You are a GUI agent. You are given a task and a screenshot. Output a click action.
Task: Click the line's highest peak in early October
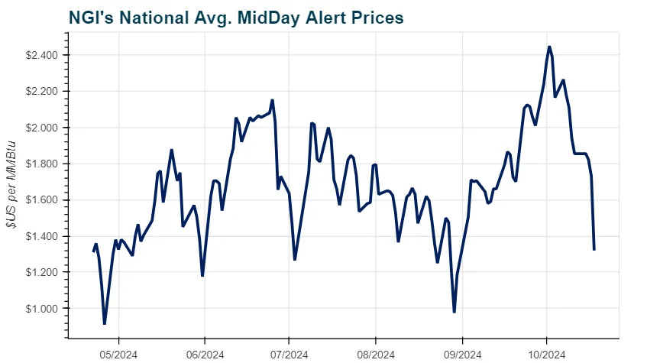pyautogui.click(x=549, y=47)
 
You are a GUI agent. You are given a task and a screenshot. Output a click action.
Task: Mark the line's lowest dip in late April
pyautogui.click(x=105, y=324)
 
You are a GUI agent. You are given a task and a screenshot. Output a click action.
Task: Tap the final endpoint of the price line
pyautogui.click(x=594, y=249)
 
